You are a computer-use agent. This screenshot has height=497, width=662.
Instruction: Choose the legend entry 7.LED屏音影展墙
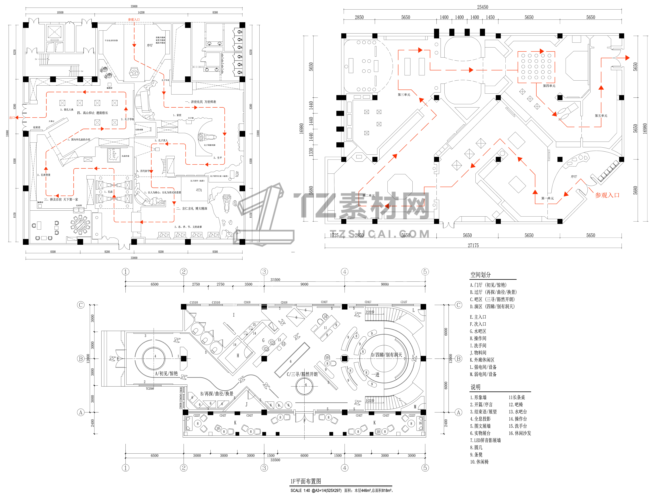[485, 440]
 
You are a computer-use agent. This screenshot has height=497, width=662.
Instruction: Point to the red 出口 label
[12, 118]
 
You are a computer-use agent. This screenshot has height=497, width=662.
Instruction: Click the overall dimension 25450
[482, 7]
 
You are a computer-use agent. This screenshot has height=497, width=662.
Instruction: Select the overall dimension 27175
[473, 245]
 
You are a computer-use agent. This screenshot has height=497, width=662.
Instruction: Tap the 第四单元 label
[549, 86]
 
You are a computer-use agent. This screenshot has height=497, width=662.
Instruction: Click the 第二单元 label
[368, 196]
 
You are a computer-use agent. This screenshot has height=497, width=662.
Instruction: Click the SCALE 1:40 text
[300, 490]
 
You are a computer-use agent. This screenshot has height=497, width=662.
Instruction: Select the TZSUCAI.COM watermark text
[380, 234]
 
